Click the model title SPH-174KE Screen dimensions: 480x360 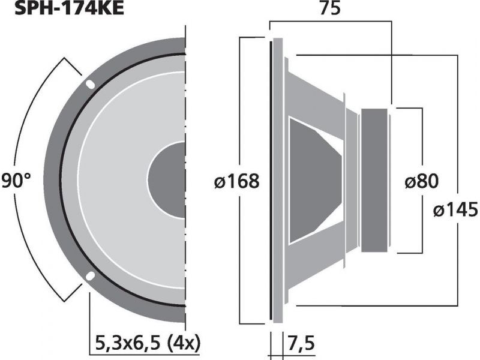coord(69,8)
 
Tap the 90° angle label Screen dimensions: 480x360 coord(16,181)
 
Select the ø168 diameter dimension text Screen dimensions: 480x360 coord(237,181)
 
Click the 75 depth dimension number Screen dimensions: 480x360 coord(330,8)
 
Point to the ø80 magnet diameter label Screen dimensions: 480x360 coord(422,181)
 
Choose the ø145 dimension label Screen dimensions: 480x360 coord(455,210)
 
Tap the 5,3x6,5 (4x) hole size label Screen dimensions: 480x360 coord(148,343)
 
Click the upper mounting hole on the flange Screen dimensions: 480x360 coord(91,84)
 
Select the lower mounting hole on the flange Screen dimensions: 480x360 coord(90,276)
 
